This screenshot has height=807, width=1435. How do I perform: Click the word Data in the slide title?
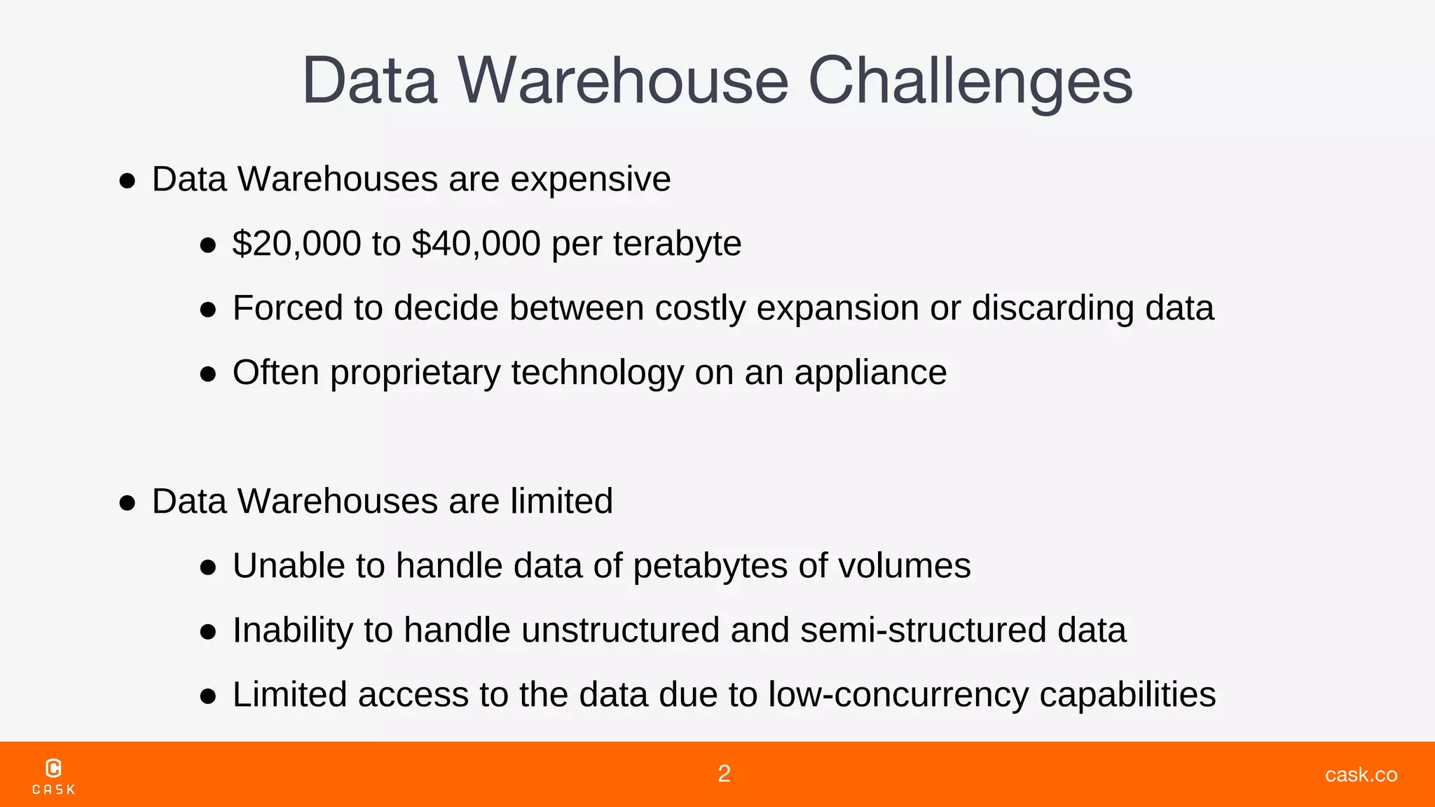tap(370, 81)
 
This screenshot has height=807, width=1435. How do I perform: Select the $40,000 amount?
tap(476, 244)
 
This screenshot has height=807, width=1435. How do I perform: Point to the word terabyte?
tap(677, 244)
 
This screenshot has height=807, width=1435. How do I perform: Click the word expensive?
tap(590, 179)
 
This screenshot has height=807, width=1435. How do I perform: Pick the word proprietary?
tap(415, 373)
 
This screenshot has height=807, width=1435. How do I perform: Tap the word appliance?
tap(870, 373)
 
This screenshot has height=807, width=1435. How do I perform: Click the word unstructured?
tap(620, 630)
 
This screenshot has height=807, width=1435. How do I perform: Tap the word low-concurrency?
tap(898, 695)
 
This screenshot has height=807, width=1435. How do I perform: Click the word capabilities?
tap(1127, 695)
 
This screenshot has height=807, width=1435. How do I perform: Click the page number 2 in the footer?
tap(725, 774)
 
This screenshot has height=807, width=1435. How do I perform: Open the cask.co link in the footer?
tap(1361, 775)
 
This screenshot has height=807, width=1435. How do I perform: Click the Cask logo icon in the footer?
tap(53, 768)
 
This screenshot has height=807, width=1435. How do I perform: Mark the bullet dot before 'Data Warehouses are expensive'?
tap(127, 181)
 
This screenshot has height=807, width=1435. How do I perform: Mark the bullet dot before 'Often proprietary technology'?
tap(207, 375)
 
